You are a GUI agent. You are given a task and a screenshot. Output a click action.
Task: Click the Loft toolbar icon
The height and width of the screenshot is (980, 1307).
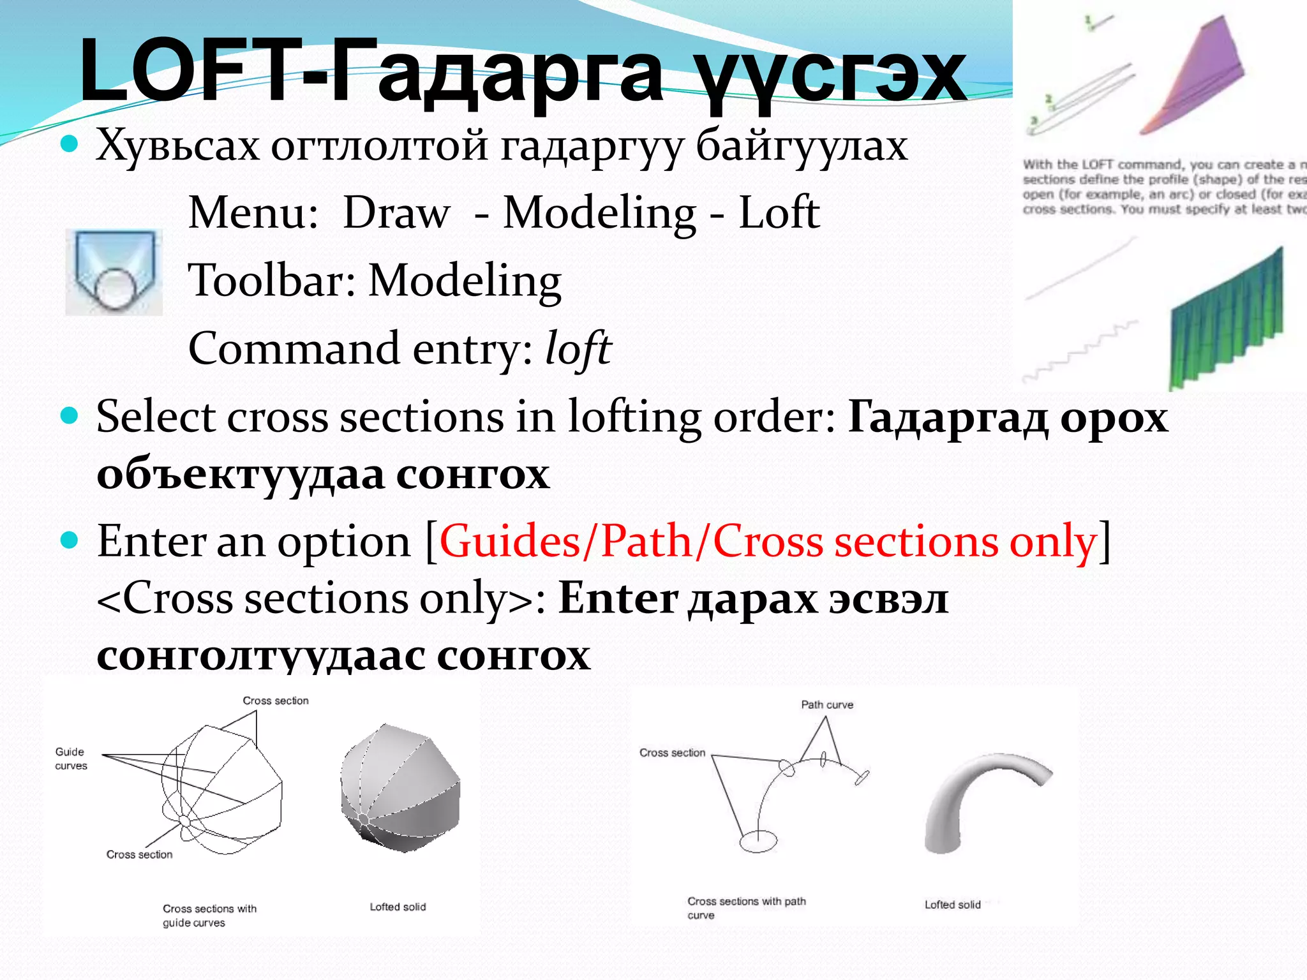point(114,272)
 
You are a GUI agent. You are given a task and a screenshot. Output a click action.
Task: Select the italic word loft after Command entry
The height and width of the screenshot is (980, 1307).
point(578,349)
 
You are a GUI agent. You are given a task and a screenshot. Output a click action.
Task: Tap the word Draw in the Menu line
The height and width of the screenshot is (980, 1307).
point(396,213)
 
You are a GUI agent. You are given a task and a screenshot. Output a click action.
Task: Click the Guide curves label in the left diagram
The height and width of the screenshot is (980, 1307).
point(71,759)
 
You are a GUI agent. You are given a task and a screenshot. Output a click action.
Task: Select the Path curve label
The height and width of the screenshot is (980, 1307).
point(827,705)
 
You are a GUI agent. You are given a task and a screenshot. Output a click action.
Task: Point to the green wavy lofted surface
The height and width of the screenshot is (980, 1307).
point(1225,319)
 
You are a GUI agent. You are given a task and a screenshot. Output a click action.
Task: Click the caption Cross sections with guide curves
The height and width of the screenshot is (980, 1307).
point(209,916)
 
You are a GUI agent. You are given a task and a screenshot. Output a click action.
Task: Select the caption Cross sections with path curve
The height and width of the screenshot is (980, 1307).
point(746,908)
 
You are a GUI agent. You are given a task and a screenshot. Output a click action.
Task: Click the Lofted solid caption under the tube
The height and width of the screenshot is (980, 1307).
point(952,905)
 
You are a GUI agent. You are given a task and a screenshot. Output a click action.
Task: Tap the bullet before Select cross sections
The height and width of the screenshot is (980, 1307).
point(69,417)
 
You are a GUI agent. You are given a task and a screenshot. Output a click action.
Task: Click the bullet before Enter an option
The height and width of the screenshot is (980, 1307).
point(69,541)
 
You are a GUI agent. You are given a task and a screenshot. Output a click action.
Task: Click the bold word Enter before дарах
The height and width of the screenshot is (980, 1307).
point(618,599)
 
